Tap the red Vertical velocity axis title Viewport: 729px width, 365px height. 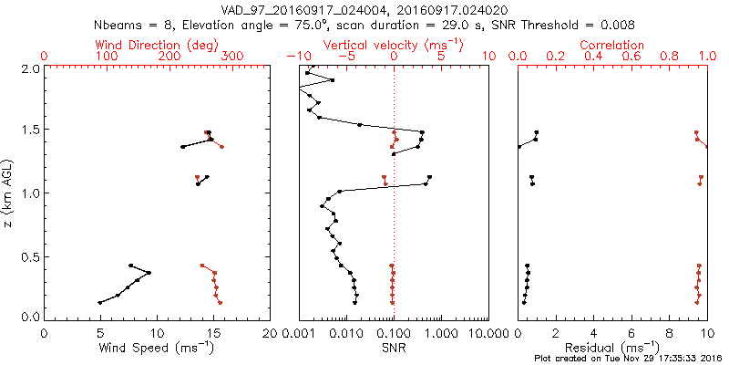pos(393,45)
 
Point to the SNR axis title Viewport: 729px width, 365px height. pos(394,348)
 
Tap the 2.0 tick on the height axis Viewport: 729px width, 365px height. pos(29,68)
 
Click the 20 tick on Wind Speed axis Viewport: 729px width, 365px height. pos(269,333)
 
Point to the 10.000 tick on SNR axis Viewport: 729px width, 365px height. pos(488,333)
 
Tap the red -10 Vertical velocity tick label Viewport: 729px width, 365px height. pos(295,57)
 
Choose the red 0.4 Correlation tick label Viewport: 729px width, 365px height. pos(593,57)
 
